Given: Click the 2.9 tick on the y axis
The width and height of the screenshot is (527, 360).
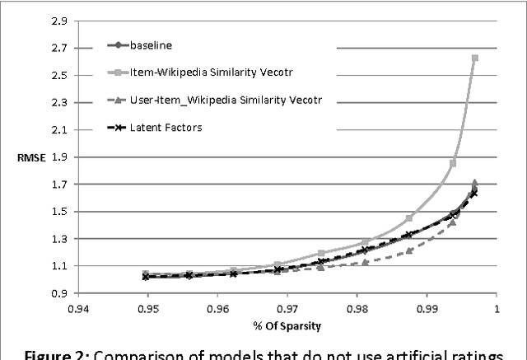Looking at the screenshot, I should coord(59,21).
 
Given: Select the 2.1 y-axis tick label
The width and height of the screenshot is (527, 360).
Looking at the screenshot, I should coord(59,129).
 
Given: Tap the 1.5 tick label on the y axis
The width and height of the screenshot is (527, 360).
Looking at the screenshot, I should coord(59,211).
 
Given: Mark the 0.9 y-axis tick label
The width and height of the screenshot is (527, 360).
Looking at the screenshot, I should coord(59,293).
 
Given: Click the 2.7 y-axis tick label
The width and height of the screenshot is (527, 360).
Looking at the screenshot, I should coord(59,48).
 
